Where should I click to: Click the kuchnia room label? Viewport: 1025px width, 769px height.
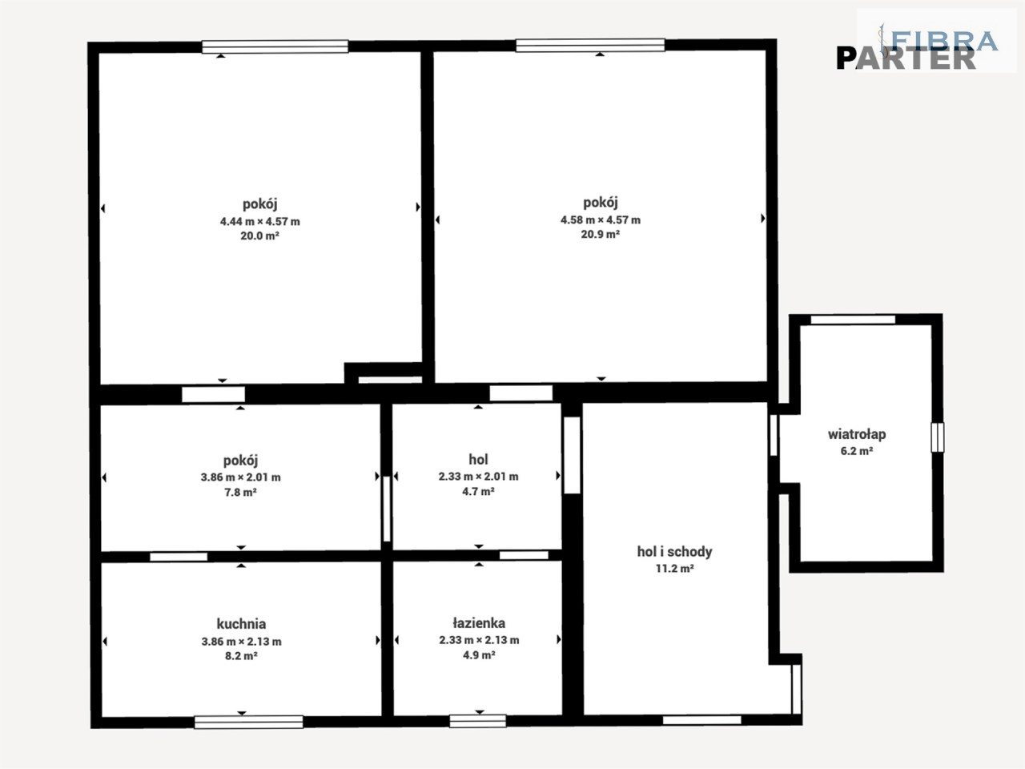(x=241, y=624)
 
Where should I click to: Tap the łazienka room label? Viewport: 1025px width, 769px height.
(x=479, y=623)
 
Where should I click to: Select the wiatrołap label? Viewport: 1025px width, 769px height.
(x=857, y=434)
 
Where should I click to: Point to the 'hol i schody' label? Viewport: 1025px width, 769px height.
(x=675, y=551)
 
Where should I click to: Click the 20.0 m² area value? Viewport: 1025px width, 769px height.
(x=259, y=236)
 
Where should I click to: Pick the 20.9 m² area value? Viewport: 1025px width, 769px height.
(x=600, y=235)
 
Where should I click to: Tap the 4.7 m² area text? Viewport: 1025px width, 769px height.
(x=479, y=492)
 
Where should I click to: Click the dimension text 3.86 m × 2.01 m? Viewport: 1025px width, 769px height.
(x=241, y=477)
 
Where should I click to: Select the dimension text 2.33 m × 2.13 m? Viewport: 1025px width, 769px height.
(x=479, y=640)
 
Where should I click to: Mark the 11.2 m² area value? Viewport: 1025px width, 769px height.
(x=675, y=569)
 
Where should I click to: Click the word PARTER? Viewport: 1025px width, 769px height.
(x=906, y=58)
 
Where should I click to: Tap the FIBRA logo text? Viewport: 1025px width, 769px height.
(x=944, y=41)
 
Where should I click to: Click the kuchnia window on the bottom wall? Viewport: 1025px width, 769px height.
(x=249, y=722)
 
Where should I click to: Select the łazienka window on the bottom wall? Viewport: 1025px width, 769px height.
(x=478, y=721)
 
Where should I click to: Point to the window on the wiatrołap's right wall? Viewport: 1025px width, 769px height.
(x=937, y=437)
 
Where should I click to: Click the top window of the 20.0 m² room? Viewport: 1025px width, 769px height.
(x=275, y=46)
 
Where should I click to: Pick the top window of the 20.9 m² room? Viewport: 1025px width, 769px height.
(x=590, y=46)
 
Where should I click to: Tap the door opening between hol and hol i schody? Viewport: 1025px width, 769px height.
(x=572, y=455)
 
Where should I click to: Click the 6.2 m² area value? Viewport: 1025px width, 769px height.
(x=857, y=452)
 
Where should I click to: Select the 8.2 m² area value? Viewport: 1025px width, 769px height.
(x=241, y=656)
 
